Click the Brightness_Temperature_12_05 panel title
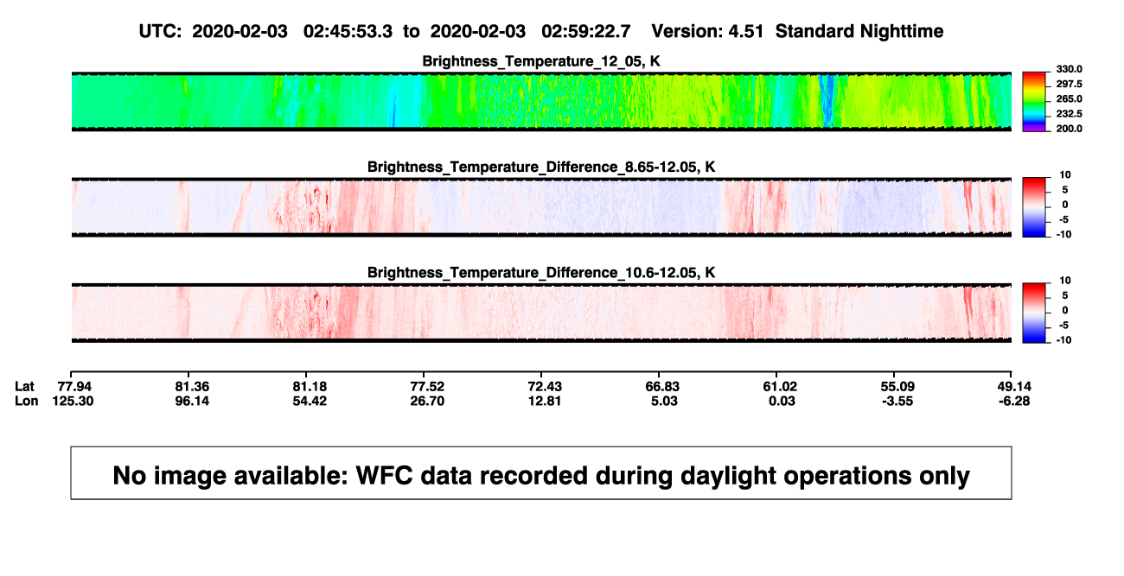coord(541,61)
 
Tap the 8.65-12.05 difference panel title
coord(541,167)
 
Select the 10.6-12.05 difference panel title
coord(541,273)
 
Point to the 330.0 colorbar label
coord(1069,69)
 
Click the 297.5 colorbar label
coord(1069,85)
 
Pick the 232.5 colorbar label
coord(1069,114)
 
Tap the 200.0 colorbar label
coord(1069,129)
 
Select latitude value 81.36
coord(192,387)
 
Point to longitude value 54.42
coord(310,401)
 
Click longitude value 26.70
coord(427,401)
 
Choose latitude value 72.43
coord(545,387)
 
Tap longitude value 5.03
coord(664,401)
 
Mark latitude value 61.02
coord(780,387)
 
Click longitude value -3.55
coord(897,401)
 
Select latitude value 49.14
coord(1014,387)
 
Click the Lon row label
coord(26,401)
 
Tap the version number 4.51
coord(745,31)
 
